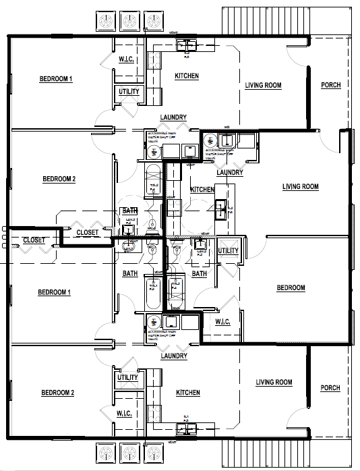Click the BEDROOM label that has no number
(291, 288)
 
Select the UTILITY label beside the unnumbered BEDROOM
(228, 251)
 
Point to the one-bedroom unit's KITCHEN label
(202, 190)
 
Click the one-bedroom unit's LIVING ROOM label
(300, 187)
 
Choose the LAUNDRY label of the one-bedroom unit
(230, 173)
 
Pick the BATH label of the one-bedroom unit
(200, 274)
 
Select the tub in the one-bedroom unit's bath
(176, 287)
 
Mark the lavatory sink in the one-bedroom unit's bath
(200, 244)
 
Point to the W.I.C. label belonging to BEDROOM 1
(128, 60)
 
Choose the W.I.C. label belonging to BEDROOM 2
(127, 413)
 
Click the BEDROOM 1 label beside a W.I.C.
(56, 79)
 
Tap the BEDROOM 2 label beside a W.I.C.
(57, 393)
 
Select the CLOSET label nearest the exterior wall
(34, 240)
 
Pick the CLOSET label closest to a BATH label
(87, 233)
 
